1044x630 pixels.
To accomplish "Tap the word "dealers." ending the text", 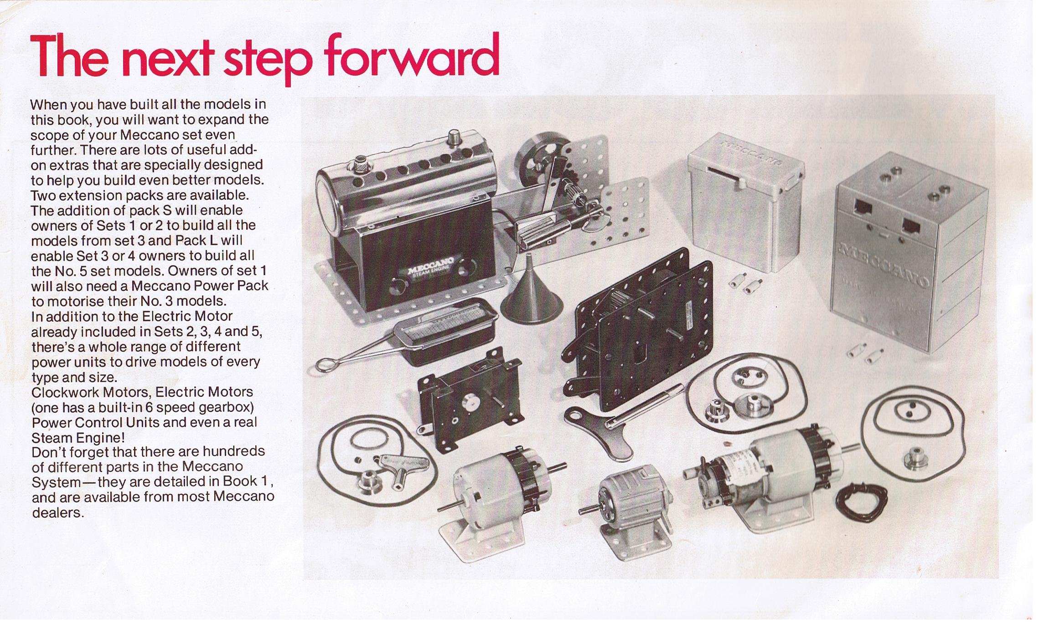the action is pos(58,512).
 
